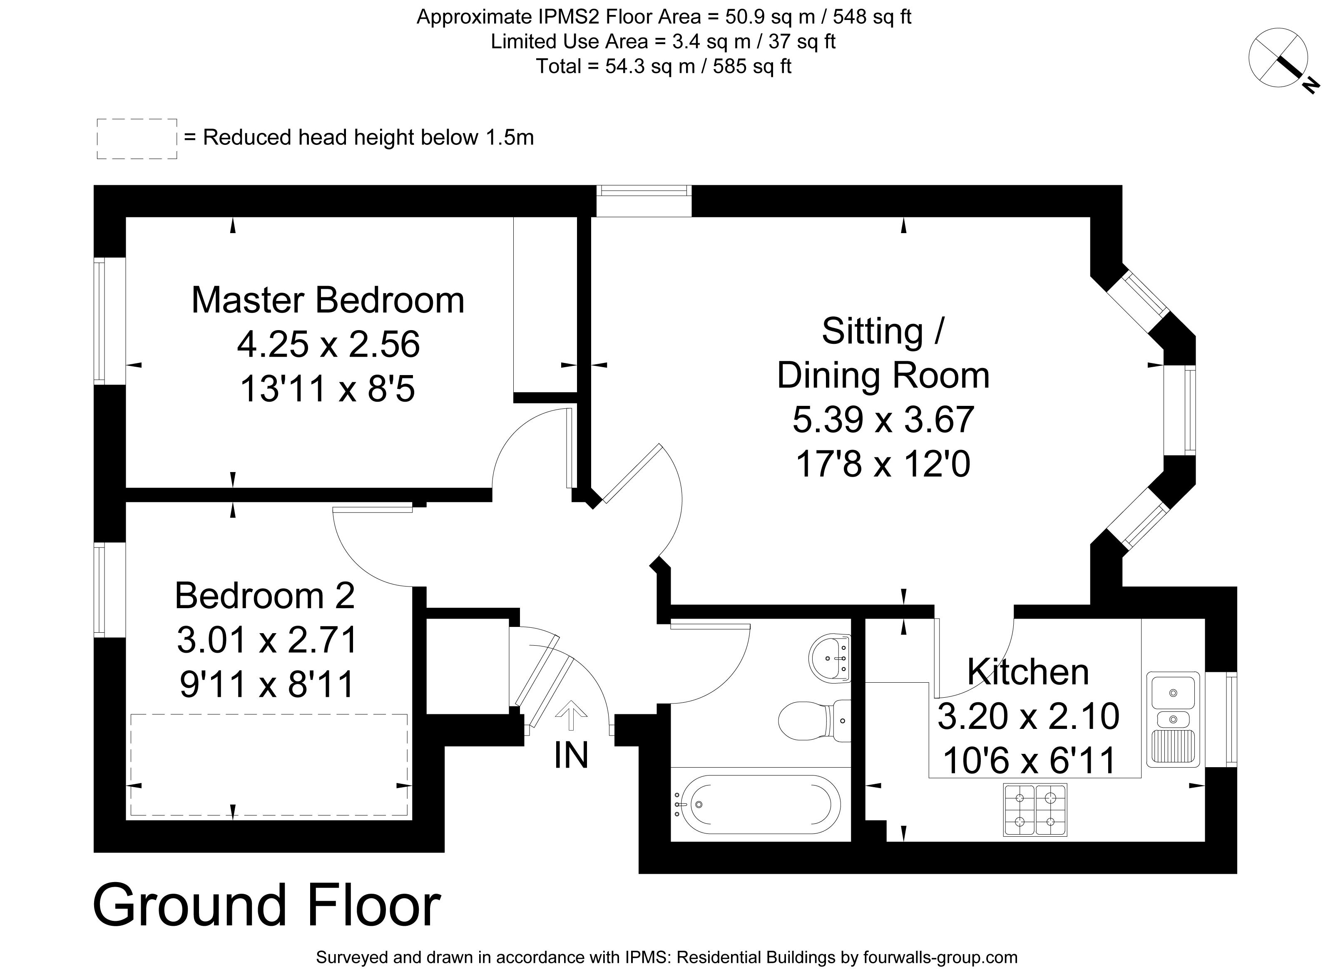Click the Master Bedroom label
(328, 300)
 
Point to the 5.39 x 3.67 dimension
(883, 420)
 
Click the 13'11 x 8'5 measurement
(328, 389)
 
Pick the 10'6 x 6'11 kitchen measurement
(1029, 760)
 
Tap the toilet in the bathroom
(814, 721)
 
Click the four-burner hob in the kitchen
(1035, 810)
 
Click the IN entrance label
(571, 756)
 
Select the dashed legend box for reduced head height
(137, 139)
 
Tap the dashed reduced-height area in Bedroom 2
(269, 764)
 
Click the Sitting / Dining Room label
(883, 353)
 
